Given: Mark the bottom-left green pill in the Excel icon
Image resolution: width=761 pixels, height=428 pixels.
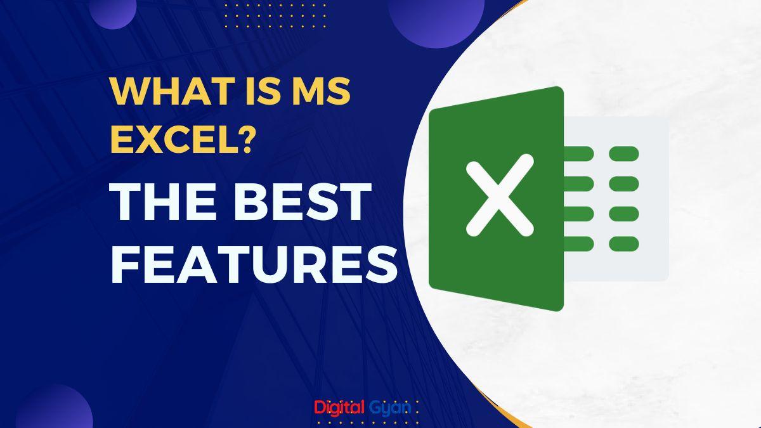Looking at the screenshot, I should click(x=578, y=243).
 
